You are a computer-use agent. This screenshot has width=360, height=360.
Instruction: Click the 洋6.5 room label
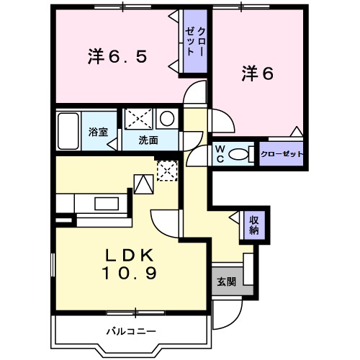click(x=119, y=55)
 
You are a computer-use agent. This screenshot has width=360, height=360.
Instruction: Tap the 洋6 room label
click(x=258, y=73)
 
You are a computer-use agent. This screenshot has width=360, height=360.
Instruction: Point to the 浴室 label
click(x=98, y=132)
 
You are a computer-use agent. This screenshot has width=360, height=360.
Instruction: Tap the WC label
click(x=220, y=154)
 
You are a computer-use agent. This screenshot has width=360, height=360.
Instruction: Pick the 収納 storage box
click(x=254, y=225)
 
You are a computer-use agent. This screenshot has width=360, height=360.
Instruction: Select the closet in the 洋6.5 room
click(x=195, y=42)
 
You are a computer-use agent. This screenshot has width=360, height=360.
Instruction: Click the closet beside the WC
click(x=281, y=154)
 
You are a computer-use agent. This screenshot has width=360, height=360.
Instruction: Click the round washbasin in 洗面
click(x=166, y=119)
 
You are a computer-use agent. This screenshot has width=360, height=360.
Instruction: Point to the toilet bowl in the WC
click(x=243, y=153)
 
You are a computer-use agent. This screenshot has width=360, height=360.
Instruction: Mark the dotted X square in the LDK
click(x=167, y=171)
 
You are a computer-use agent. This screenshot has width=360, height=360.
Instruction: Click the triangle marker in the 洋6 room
click(x=295, y=131)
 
